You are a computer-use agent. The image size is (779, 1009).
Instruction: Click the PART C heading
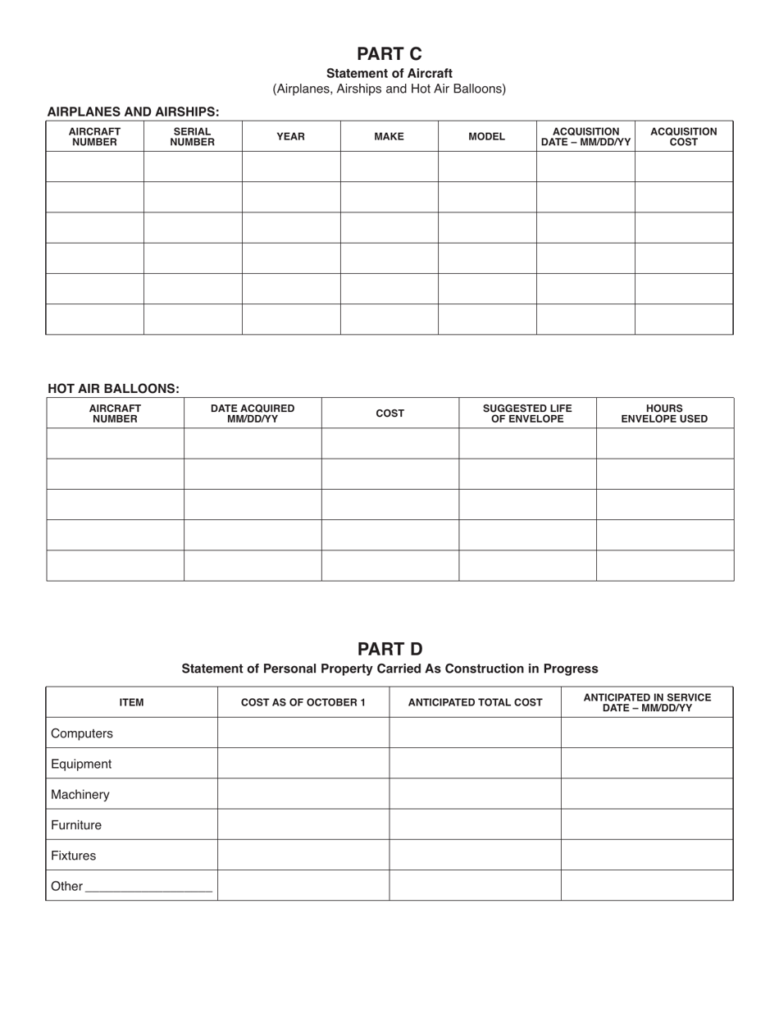pyautogui.click(x=389, y=54)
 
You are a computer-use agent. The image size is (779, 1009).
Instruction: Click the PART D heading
pyautogui.click(x=389, y=649)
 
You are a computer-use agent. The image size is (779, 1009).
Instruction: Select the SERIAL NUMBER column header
pyautogui.click(x=192, y=136)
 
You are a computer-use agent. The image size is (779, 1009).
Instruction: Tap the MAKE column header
pyautogui.click(x=389, y=136)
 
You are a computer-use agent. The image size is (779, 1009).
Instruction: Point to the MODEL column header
pyautogui.click(x=486, y=136)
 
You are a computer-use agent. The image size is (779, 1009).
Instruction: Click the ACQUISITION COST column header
pyautogui.click(x=683, y=136)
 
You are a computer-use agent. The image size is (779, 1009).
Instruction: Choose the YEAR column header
pyautogui.click(x=290, y=136)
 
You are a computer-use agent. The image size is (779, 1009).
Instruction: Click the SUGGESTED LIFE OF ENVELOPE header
pyautogui.click(x=527, y=413)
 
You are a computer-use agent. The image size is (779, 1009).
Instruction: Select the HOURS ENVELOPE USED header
pyautogui.click(x=664, y=413)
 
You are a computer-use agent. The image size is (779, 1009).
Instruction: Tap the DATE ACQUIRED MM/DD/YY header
pyautogui.click(x=253, y=413)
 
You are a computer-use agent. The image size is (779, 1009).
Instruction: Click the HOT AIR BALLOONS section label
pyautogui.click(x=113, y=389)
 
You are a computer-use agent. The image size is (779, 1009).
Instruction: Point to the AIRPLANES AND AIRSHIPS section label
pyautogui.click(x=133, y=112)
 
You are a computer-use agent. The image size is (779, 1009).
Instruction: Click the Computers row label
pyautogui.click(x=82, y=733)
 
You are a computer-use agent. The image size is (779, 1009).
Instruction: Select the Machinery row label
pyautogui.click(x=80, y=794)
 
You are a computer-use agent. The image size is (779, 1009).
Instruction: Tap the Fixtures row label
pyautogui.click(x=73, y=856)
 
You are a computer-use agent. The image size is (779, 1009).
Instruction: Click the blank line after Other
pyautogui.click(x=148, y=887)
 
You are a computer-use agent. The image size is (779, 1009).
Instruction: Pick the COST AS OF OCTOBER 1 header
pyautogui.click(x=303, y=702)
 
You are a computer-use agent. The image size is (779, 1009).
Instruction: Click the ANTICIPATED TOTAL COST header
pyautogui.click(x=475, y=702)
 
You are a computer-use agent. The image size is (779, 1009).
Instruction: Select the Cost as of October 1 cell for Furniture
pyautogui.click(x=303, y=824)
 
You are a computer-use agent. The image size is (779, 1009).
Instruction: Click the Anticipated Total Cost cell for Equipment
pyautogui.click(x=475, y=764)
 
